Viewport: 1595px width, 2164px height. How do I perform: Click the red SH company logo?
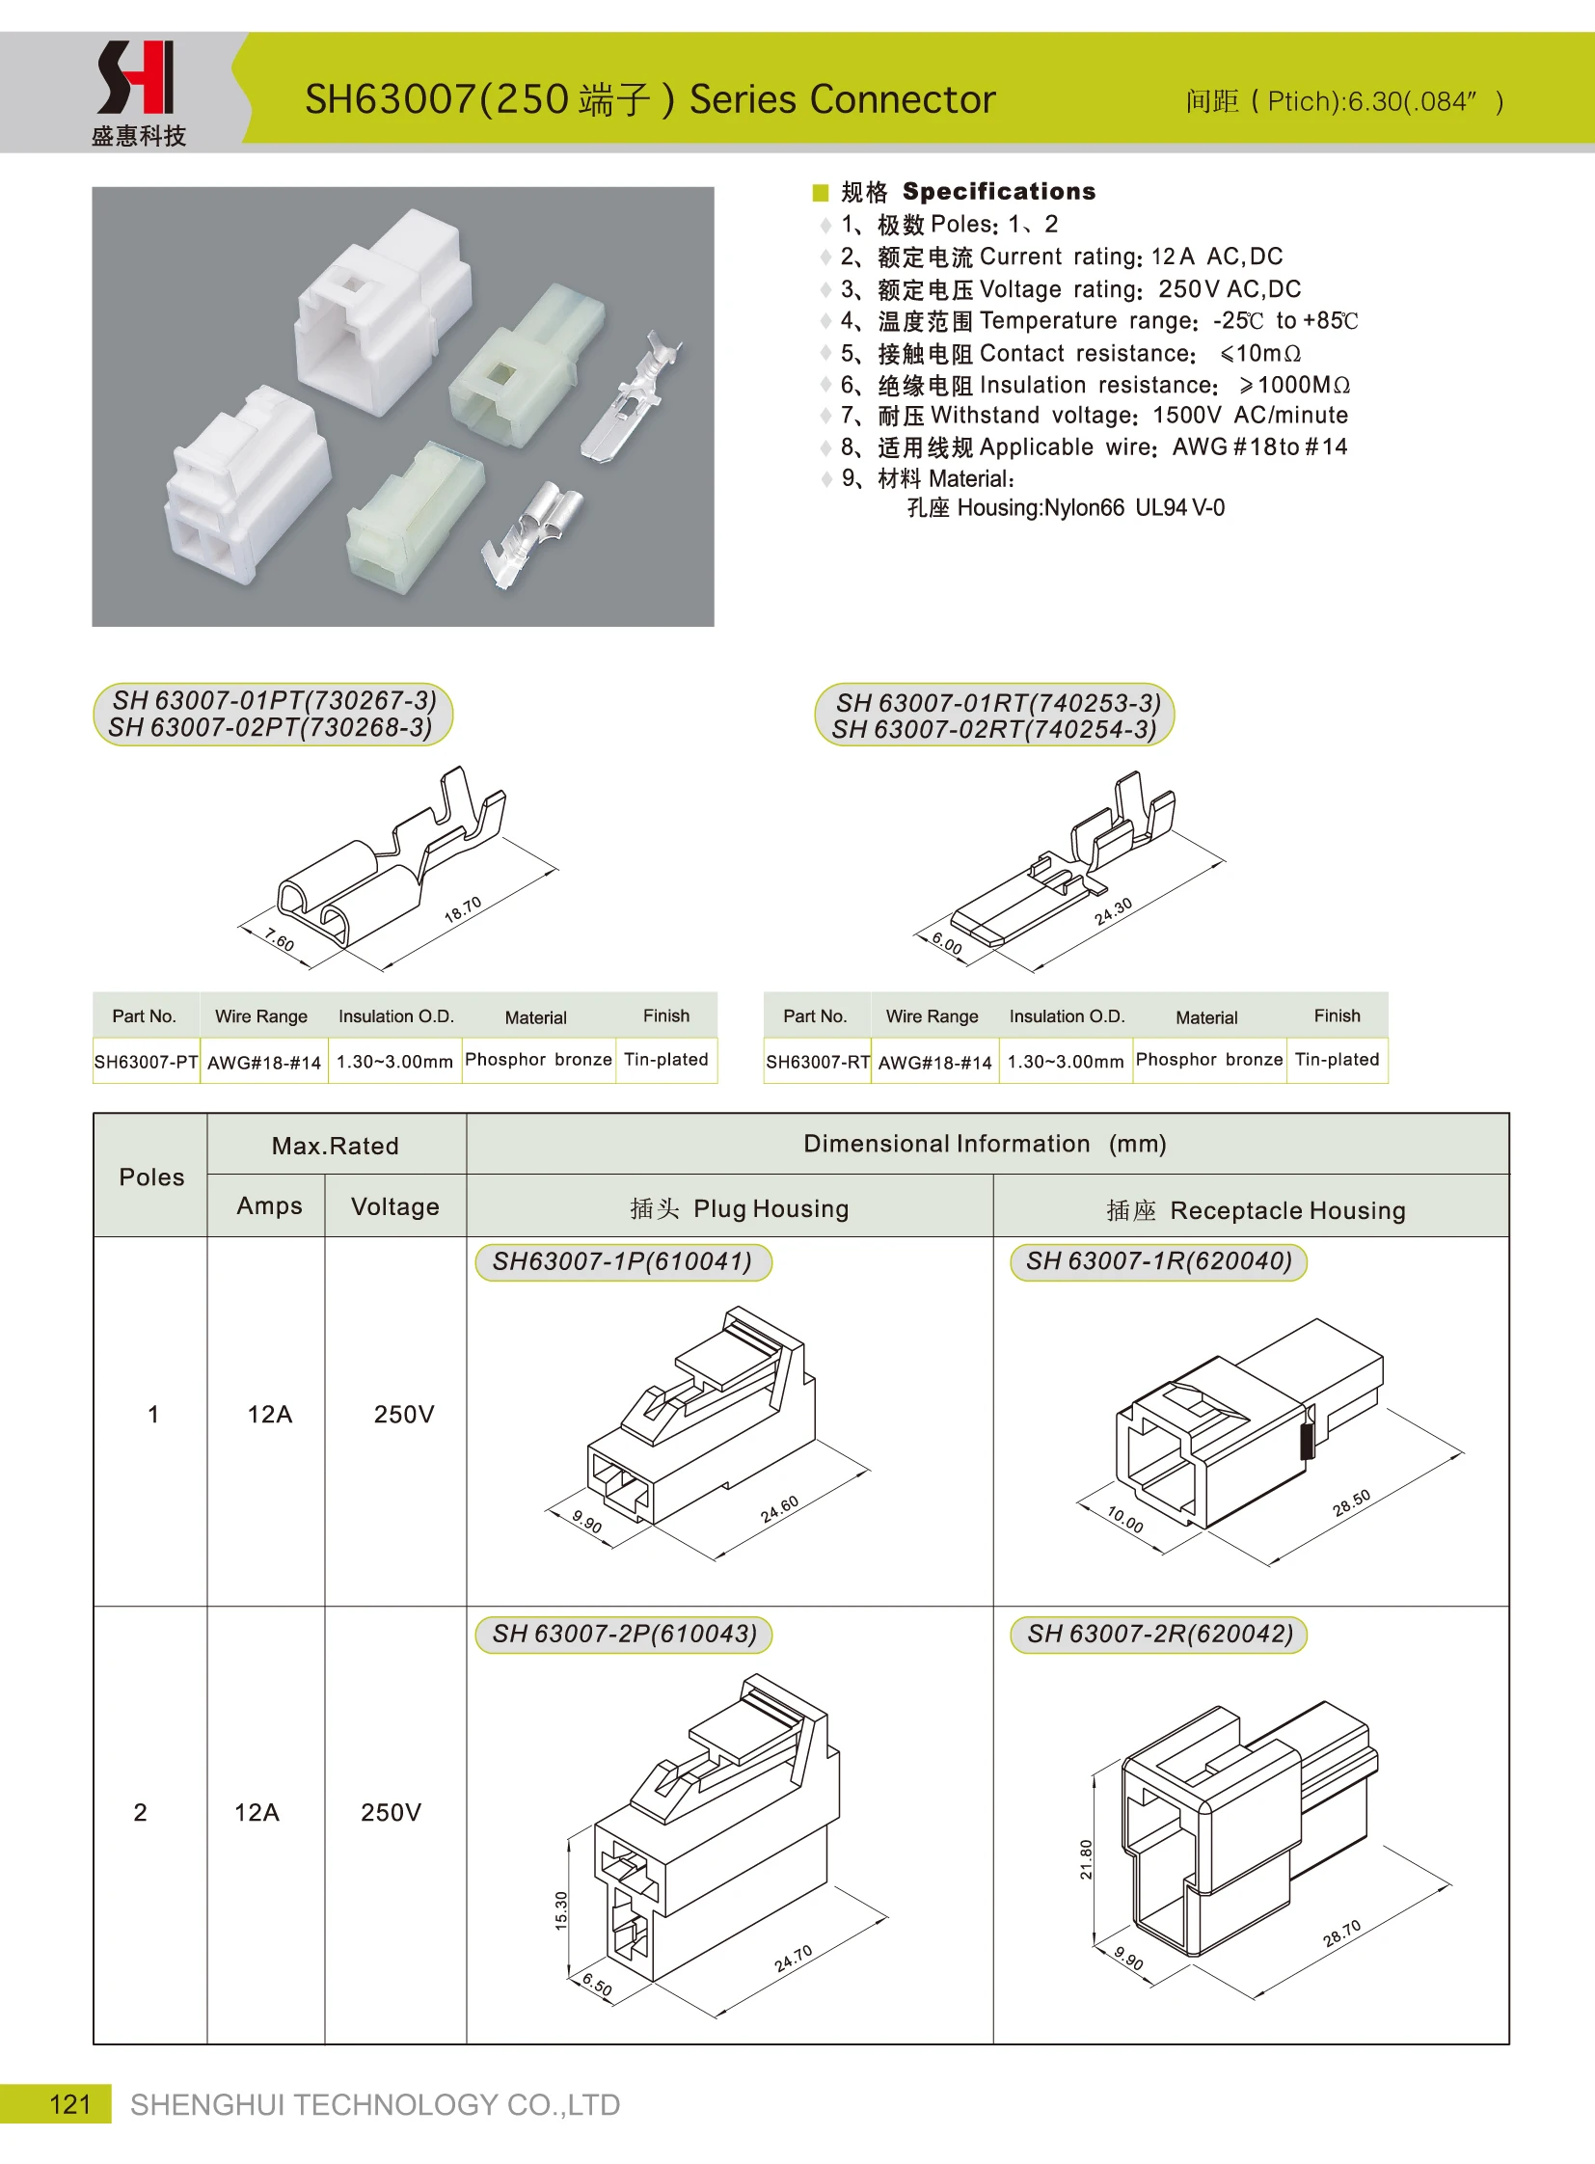point(136,77)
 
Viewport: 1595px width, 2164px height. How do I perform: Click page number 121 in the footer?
point(69,2103)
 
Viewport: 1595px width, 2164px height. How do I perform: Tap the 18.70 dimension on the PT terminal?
point(463,909)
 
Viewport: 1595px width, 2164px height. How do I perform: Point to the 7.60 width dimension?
point(279,938)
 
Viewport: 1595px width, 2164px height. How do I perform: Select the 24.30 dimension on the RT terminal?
point(1113,911)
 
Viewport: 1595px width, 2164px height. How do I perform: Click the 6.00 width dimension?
point(946,943)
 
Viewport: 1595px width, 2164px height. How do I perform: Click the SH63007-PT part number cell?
point(146,1061)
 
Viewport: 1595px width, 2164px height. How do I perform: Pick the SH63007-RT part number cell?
point(817,1061)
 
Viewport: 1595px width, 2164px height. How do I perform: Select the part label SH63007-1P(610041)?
point(622,1261)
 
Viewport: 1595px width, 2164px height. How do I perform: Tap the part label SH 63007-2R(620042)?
point(1158,1633)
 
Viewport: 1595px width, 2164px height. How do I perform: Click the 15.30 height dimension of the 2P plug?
point(562,1909)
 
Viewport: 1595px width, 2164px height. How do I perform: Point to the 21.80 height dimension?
point(1086,1858)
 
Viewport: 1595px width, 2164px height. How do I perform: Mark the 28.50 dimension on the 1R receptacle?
point(1351,1502)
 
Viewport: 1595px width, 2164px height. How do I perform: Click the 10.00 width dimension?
point(1124,1519)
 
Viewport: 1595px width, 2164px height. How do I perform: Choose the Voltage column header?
point(394,1206)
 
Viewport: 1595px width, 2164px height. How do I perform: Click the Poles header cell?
point(151,1177)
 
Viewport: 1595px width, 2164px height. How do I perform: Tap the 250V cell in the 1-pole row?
point(404,1414)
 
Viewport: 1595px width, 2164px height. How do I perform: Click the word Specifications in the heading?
point(998,191)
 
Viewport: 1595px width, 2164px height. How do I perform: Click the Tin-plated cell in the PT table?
point(666,1059)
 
